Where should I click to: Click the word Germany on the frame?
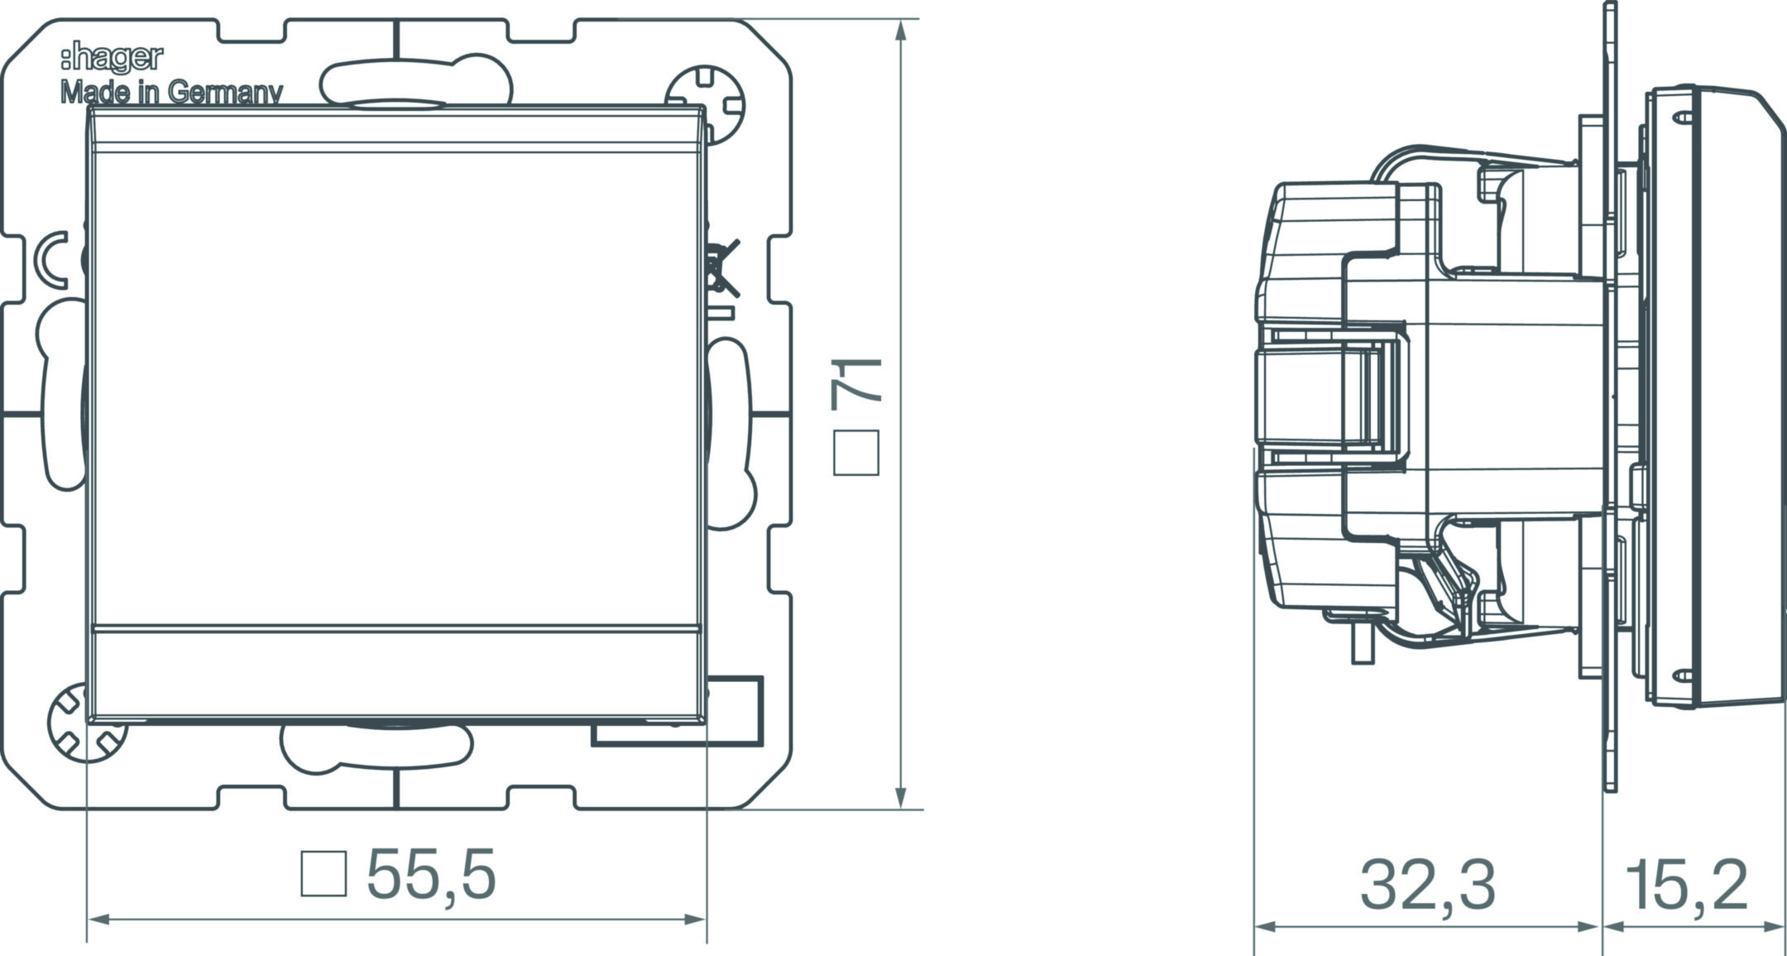click(x=226, y=93)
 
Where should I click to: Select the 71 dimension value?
click(x=858, y=381)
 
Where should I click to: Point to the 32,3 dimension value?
click(x=1428, y=884)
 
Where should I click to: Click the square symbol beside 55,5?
click(x=323, y=873)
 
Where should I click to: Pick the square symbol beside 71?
click(x=856, y=453)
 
